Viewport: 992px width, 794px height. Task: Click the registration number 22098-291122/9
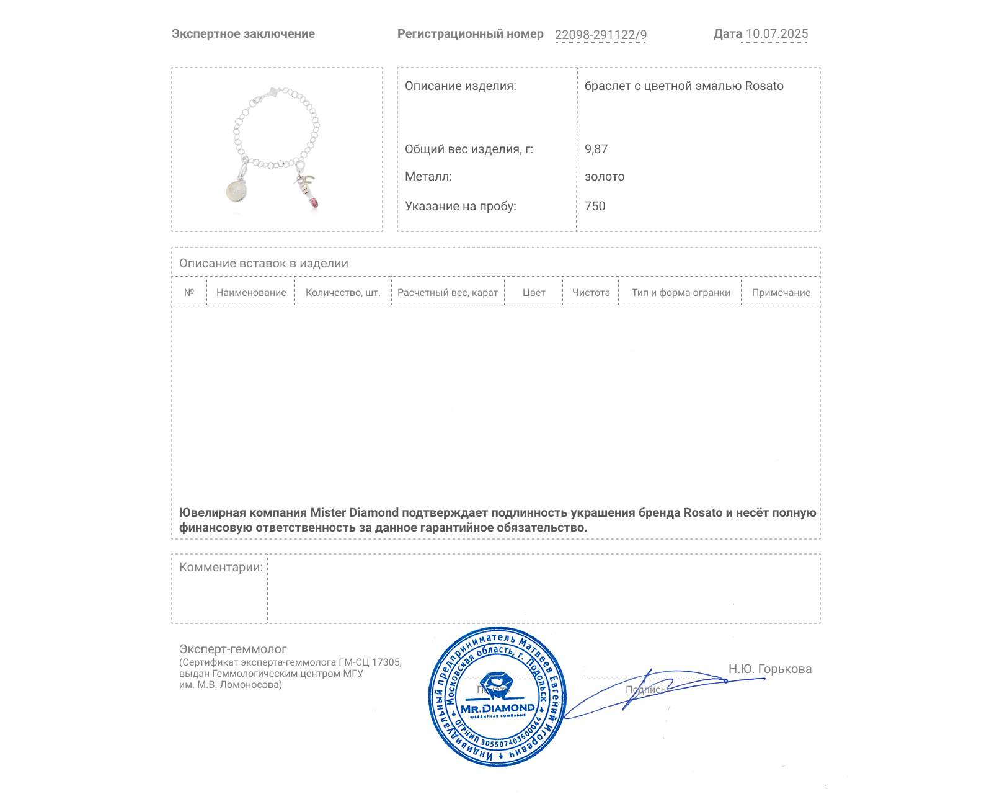point(600,35)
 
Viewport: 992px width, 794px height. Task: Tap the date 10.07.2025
point(776,34)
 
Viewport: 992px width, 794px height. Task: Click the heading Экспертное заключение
point(243,34)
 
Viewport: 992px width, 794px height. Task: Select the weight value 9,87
point(596,149)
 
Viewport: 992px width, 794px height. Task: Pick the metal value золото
point(604,177)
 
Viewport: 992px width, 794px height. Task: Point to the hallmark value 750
point(595,206)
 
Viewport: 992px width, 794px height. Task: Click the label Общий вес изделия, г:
point(469,149)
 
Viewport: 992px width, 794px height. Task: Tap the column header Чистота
point(591,293)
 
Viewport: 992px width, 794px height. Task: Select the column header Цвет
point(534,293)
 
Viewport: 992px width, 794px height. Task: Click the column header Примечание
point(781,293)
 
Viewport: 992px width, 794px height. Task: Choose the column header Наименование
point(251,293)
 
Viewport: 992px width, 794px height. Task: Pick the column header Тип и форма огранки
point(681,293)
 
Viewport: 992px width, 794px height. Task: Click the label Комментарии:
point(221,567)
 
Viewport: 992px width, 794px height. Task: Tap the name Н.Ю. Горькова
point(769,669)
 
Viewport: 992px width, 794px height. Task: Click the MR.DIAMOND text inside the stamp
point(497,708)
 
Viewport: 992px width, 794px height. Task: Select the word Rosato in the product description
point(764,86)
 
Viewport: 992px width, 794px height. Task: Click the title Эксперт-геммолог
point(232,649)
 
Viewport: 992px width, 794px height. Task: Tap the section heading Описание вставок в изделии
point(263,263)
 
